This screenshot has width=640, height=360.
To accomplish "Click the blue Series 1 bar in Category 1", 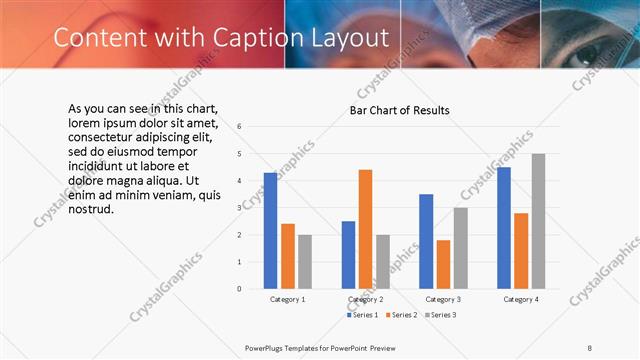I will point(270,231).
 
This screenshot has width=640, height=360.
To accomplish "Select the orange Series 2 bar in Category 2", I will point(365,229).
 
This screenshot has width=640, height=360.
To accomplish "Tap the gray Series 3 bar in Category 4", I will point(538,221).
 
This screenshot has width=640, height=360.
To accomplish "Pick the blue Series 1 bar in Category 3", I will point(426,241).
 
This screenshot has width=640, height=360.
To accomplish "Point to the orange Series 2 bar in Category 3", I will point(443,264).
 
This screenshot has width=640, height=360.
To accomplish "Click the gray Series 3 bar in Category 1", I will point(304,261).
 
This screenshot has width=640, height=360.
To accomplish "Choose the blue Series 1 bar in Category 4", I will point(504,228).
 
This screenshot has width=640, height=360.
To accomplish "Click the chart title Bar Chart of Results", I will point(399,110).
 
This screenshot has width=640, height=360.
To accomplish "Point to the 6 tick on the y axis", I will point(239,127).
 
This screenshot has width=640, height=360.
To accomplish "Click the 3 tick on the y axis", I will point(239,208).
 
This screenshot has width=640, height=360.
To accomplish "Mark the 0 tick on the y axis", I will point(239,288).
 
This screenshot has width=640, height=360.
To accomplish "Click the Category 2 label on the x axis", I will point(366,299).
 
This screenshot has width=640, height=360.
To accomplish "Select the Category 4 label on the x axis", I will point(520,299).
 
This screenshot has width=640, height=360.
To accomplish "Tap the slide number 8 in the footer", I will point(590,347).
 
